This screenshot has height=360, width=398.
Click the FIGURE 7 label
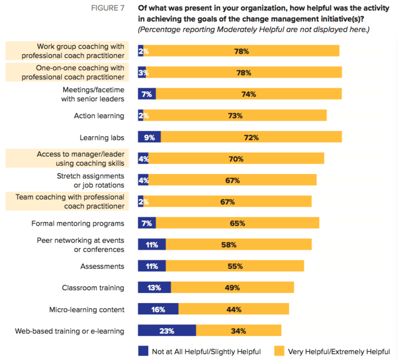coord(107,9)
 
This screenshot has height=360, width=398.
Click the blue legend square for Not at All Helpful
coord(143,351)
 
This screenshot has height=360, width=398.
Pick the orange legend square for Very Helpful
coord(279,351)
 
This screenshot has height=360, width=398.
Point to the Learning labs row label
coord(102,137)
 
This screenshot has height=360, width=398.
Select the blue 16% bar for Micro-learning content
coord(158,309)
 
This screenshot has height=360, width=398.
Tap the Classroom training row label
coord(93,288)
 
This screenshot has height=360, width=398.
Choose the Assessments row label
coord(102,266)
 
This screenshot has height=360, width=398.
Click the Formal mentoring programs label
coord(78,224)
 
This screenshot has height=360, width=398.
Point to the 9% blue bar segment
coord(149,137)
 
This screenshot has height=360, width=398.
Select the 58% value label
coord(228,245)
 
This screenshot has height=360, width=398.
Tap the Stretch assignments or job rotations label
coord(90,180)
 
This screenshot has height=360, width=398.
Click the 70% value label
coord(236,159)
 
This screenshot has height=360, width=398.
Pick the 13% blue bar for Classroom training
coord(154,288)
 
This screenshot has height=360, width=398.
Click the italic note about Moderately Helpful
coord(253,29)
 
